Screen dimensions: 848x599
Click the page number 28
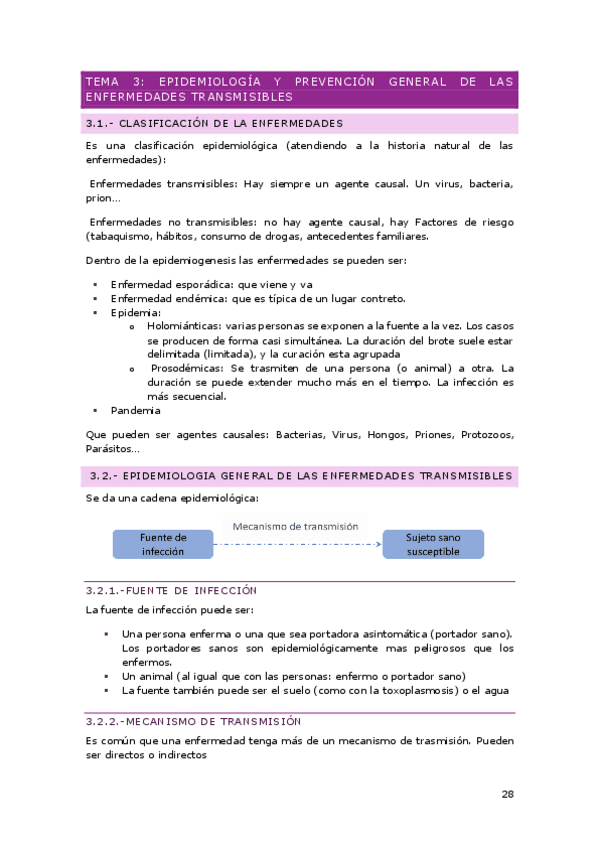tap(506, 794)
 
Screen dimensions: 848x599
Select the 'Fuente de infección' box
tap(163, 544)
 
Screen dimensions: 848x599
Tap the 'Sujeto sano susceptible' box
tap(433, 544)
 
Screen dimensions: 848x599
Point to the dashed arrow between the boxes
tap(298, 545)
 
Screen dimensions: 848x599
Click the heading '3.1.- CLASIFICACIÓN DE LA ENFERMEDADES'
tap(215, 123)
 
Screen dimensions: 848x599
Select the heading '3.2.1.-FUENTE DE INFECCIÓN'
tap(171, 591)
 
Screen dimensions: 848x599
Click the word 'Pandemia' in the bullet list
tap(136, 410)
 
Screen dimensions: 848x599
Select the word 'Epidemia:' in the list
tap(136, 313)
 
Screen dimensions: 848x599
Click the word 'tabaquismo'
tap(122, 237)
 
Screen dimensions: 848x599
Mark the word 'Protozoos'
tap(484, 435)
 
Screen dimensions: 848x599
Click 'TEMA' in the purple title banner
tap(102, 81)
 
